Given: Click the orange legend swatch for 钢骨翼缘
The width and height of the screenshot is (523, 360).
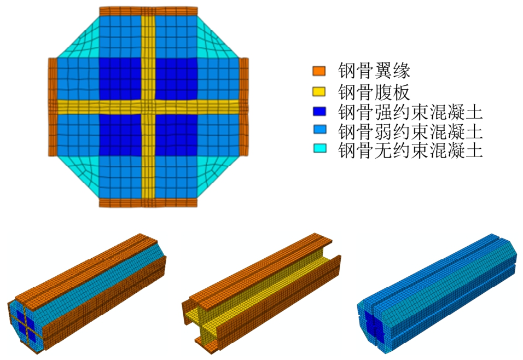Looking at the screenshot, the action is [x=319, y=71].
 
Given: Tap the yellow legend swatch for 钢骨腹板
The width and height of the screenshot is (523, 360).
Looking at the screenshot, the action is [x=319, y=92].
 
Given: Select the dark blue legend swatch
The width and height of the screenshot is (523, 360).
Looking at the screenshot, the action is [x=319, y=111].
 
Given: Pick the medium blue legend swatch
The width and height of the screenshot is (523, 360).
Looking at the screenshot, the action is [x=319, y=130].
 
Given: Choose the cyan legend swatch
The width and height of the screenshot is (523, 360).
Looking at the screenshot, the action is [x=319, y=148].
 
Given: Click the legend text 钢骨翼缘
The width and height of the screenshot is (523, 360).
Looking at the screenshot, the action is [x=374, y=71].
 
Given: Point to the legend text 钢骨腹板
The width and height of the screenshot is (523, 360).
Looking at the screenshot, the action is [x=374, y=92].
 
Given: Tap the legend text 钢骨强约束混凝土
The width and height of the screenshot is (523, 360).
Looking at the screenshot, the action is [x=410, y=112].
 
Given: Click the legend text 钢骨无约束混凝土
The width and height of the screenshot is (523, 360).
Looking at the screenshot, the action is [x=410, y=149].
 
